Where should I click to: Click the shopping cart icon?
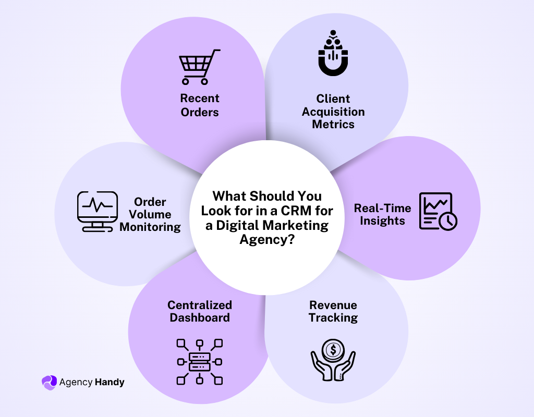point(199,67)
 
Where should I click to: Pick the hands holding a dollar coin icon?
point(333,359)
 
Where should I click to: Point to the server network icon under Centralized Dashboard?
point(200,361)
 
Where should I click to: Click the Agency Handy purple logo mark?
point(48,382)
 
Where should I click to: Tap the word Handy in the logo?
point(110,382)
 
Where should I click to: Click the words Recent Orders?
point(200,105)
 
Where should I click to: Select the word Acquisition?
point(333,112)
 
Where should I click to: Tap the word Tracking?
point(333,317)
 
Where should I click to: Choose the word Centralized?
point(200,305)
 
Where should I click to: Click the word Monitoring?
point(150,227)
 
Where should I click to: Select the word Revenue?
point(333,305)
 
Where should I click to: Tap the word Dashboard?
point(200,317)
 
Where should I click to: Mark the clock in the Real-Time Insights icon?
point(447,222)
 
